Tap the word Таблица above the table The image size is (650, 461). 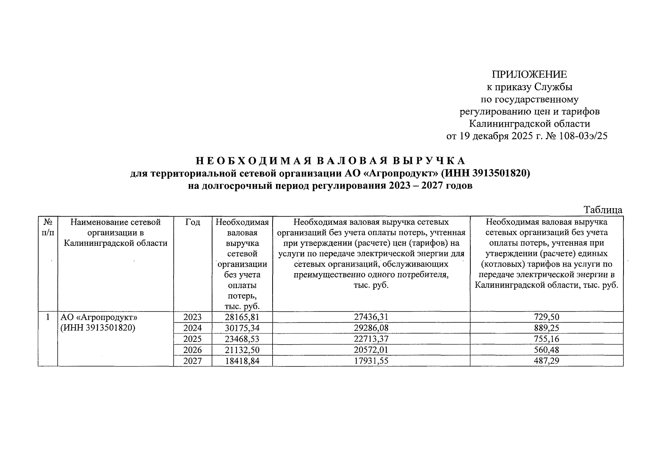click(603, 210)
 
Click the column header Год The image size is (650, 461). click(192, 222)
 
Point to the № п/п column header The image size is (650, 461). click(48, 227)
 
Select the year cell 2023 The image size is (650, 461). click(192, 317)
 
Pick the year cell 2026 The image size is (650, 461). click(192, 350)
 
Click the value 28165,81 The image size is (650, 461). click(242, 317)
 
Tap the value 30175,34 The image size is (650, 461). click(242, 328)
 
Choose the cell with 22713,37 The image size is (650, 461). click(371, 339)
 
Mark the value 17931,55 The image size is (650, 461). click(371, 361)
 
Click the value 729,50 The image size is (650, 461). click(547, 317)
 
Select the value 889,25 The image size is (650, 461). click(547, 328)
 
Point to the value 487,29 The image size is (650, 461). click(547, 361)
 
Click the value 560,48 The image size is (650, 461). click(547, 350)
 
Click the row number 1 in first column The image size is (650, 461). click(48, 317)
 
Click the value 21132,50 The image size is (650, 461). click(242, 350)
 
